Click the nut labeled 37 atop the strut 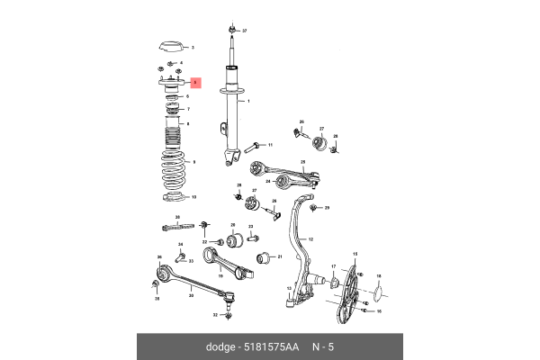pos(232,30)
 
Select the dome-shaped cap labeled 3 pos(171,47)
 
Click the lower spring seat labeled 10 pos(171,197)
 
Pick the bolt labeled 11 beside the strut pos(257,144)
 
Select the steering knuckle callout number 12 pos(310,239)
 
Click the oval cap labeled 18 pos(378,290)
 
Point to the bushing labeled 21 pos(265,259)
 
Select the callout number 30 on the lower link pos(190,295)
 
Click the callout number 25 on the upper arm pos(303,162)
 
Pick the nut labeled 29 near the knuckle pos(313,208)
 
